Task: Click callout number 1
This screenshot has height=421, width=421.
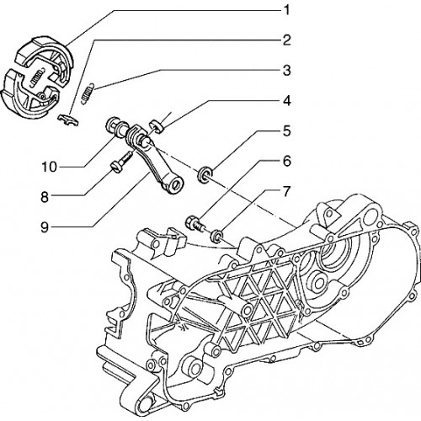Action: click(286, 11)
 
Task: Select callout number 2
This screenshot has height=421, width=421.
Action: click(286, 40)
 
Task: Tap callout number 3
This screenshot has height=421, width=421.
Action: click(286, 71)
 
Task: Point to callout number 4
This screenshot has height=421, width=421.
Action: click(286, 101)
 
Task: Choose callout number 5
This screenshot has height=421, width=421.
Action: click(286, 131)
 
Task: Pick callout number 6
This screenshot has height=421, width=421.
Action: click(286, 162)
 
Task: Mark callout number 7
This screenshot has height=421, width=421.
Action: click(285, 192)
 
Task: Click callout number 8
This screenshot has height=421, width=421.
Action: click(45, 197)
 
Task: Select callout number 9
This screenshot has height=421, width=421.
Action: click(45, 227)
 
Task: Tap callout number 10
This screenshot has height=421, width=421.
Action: click(49, 167)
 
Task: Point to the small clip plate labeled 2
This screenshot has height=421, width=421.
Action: click(68, 120)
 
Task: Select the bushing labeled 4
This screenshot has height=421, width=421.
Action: click(157, 125)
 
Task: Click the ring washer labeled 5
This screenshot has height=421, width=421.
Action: click(205, 174)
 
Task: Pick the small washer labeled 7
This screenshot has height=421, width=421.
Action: click(217, 235)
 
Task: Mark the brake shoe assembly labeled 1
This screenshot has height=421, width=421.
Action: click(36, 77)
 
